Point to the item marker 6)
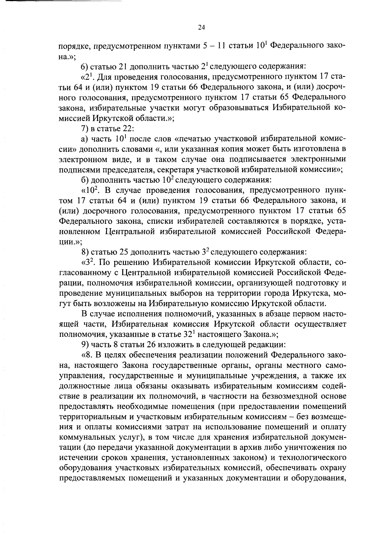pyautogui.click(x=84, y=67)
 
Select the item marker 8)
pyautogui.click(x=85, y=252)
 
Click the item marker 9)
pyautogui.click(x=85, y=344)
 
